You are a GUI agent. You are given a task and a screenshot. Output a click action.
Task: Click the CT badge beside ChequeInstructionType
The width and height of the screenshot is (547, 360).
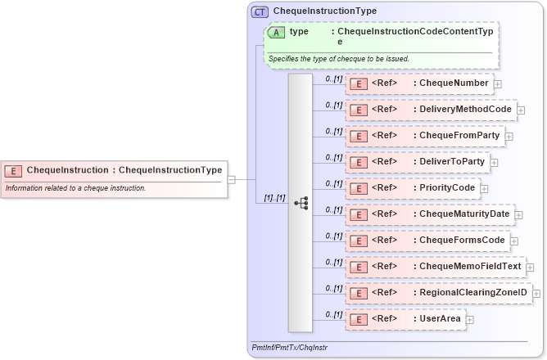click(260, 11)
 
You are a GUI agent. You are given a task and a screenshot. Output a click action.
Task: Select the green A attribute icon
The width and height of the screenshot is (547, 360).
click(276, 32)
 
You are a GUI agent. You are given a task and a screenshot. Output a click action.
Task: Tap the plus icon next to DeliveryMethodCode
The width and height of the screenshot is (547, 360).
click(521, 110)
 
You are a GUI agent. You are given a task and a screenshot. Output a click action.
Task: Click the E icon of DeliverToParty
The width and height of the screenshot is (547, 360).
click(358, 162)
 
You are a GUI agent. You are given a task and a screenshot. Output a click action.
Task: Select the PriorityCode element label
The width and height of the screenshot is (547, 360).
click(446, 187)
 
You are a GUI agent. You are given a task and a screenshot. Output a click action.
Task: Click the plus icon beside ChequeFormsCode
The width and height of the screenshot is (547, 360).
click(514, 241)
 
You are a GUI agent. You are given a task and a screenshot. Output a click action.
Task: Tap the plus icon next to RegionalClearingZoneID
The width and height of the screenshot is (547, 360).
click(536, 293)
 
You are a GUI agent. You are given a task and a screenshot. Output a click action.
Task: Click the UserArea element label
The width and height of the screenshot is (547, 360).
click(439, 318)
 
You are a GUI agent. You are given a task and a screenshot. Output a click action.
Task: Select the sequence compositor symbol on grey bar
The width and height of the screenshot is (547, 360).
click(301, 202)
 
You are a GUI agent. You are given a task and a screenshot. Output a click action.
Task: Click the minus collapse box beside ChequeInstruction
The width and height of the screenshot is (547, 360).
click(232, 179)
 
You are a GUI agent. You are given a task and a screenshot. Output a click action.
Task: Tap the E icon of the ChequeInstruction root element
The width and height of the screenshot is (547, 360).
click(13, 171)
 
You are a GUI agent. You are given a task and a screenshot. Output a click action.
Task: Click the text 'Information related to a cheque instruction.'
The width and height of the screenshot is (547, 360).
click(76, 188)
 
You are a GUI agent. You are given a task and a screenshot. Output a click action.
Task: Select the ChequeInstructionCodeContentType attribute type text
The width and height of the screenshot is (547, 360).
click(415, 35)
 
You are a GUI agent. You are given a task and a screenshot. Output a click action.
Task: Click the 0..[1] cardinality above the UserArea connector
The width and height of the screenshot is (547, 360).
click(333, 314)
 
